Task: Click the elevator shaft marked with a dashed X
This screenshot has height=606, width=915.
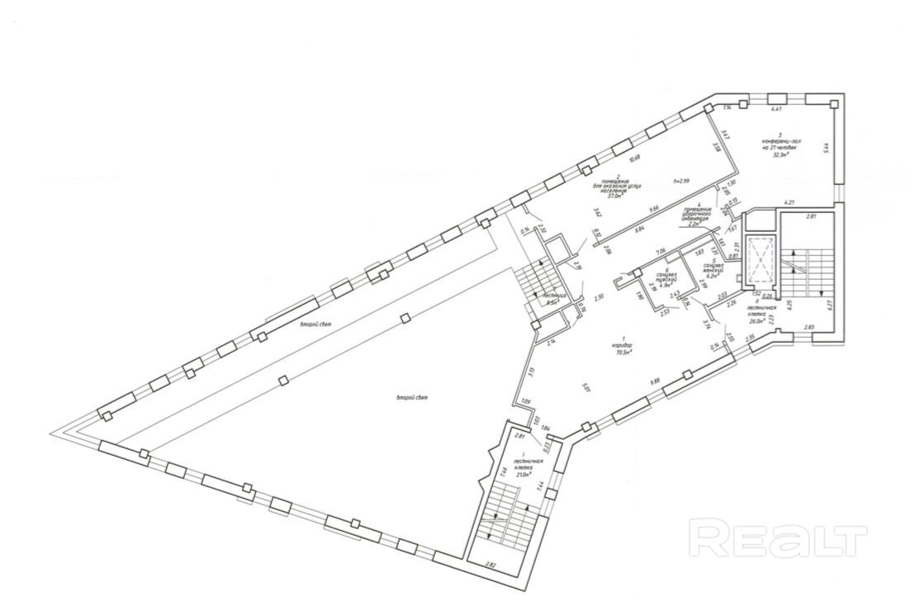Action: (758, 256)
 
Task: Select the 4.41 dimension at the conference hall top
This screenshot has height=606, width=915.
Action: (775, 108)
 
